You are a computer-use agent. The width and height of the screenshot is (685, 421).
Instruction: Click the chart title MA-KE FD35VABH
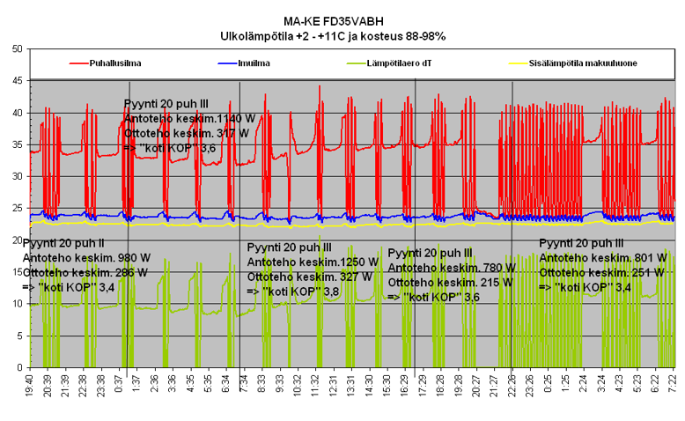tap(333, 22)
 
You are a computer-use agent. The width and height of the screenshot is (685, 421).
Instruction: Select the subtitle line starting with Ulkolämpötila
tap(333, 36)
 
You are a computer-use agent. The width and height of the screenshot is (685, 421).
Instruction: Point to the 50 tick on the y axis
tap(17, 49)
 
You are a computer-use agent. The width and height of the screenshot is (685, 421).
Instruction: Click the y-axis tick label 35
tap(17, 144)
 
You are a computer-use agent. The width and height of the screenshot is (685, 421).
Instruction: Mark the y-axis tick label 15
tap(17, 272)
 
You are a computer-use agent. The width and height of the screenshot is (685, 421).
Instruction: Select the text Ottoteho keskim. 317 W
tap(187, 132)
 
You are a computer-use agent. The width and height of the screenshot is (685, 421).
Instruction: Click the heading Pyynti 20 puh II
tap(63, 242)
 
